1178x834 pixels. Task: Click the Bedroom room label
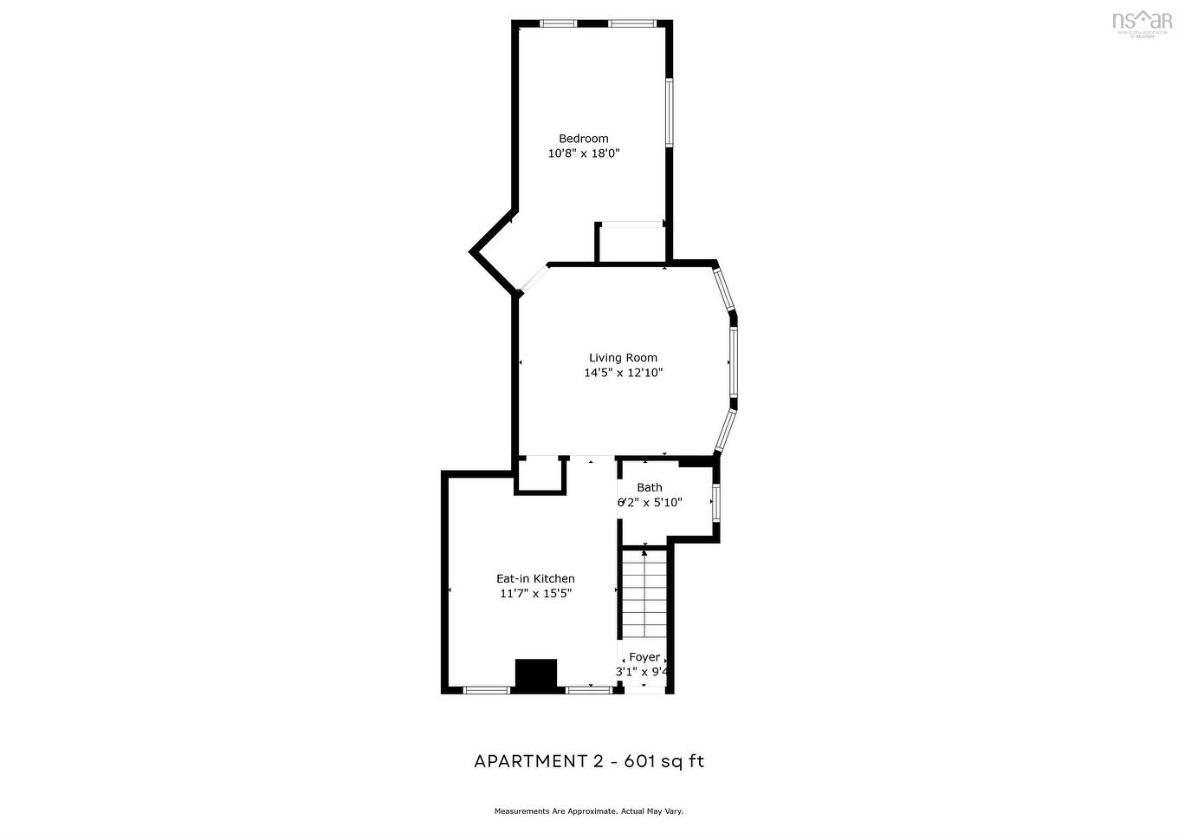[583, 139]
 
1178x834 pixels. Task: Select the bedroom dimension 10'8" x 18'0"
[584, 153]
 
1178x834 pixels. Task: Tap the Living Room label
[623, 358]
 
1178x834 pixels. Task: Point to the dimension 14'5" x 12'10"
[623, 373]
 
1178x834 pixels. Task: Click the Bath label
[649, 488]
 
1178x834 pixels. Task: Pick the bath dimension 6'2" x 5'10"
[650, 502]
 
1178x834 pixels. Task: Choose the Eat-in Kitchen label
[534, 579]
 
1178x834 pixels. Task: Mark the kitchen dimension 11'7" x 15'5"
[534, 594]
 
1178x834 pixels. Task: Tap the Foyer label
[644, 657]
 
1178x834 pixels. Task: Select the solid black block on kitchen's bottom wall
[535, 675]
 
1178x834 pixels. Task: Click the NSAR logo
[1141, 22]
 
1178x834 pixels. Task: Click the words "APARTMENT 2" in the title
[538, 762]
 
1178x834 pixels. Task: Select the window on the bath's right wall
[715, 502]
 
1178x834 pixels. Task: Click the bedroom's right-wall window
[669, 113]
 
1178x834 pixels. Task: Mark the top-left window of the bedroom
[559, 23]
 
